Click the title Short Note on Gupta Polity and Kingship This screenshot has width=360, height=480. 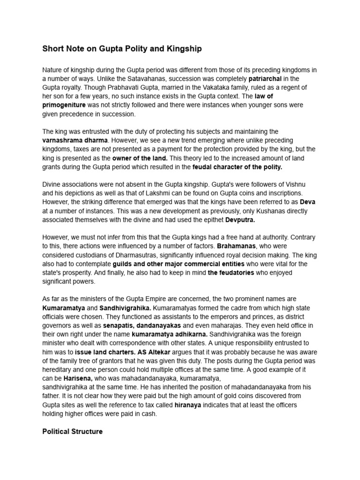(x=122, y=48)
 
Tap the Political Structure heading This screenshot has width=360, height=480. (x=72, y=431)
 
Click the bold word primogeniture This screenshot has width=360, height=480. (x=64, y=105)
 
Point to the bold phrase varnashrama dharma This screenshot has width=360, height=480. (x=75, y=140)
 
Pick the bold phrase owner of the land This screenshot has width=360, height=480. (x=140, y=158)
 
